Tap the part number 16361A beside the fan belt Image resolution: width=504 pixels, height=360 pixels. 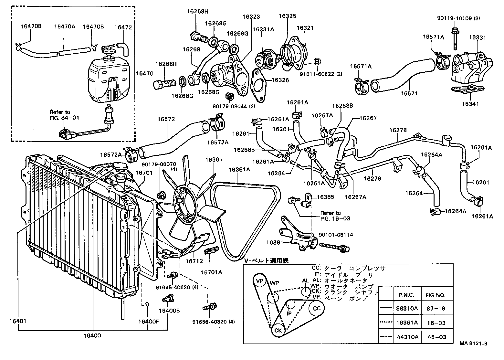tap(239, 169)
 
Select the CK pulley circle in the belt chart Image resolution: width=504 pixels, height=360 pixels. tap(278, 330)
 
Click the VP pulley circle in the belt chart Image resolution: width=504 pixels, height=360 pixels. tap(259, 281)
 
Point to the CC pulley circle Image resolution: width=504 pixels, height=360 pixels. tap(317, 308)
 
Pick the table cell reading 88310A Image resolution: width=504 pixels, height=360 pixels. tap(407, 308)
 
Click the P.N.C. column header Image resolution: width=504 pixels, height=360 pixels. tap(407, 295)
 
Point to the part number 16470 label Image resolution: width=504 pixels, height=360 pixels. tap(144, 73)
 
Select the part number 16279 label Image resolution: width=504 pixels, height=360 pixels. tap(372, 178)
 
